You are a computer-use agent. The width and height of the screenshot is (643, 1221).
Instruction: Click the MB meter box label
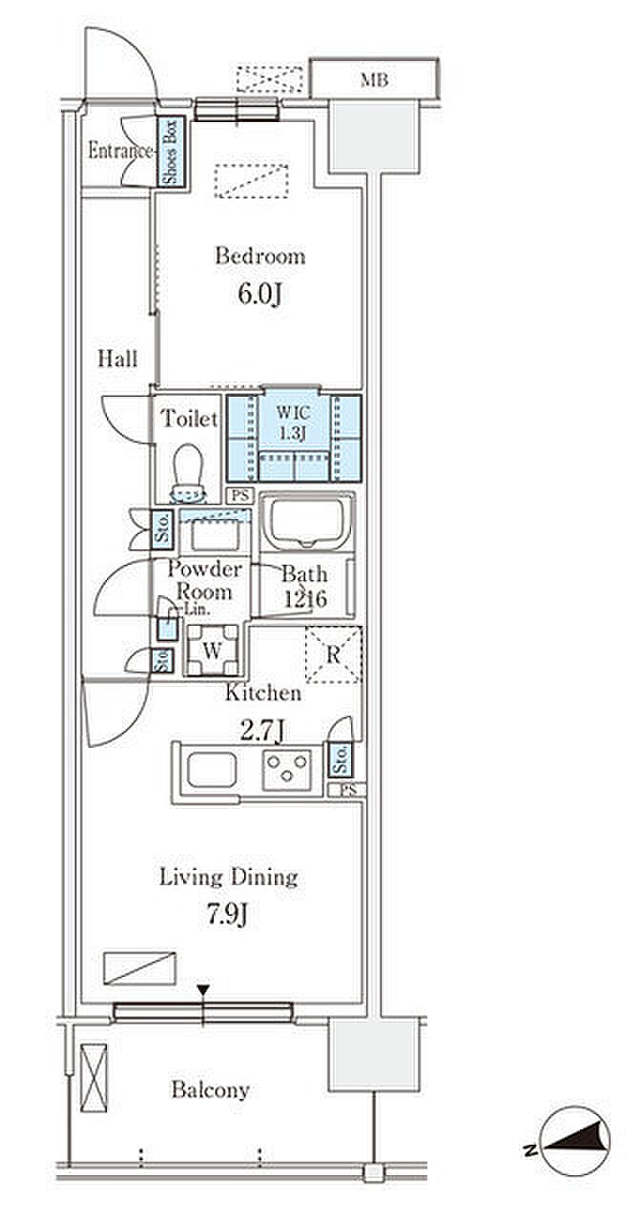pos(374,80)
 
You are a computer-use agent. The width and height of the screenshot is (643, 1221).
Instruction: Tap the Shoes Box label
pos(171,152)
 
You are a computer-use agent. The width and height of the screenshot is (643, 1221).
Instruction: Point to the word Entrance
pos(120,151)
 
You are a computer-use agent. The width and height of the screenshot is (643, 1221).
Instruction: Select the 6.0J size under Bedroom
pos(259,295)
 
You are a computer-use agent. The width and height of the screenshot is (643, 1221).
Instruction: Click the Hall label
pos(117,359)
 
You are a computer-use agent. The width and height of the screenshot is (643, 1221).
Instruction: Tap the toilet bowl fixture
pos(188,472)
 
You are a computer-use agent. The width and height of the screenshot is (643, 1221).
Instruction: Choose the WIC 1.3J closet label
pos(293,423)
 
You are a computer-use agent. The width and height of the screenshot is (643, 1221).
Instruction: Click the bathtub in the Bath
pos(307,521)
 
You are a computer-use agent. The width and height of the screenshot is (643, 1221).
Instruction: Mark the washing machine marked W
pos(213,651)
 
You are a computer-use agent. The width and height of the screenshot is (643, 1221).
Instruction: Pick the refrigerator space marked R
pos(334,654)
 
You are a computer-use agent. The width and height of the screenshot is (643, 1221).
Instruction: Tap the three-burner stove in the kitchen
pos(286,770)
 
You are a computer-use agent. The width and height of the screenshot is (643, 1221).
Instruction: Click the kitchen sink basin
pos(212,770)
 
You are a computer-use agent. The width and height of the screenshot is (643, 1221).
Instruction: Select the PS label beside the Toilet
pos(239,495)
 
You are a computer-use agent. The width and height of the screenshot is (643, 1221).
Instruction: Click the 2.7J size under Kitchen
pos(262,731)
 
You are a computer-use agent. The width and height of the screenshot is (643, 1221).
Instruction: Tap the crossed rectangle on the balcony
pos(93,1070)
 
